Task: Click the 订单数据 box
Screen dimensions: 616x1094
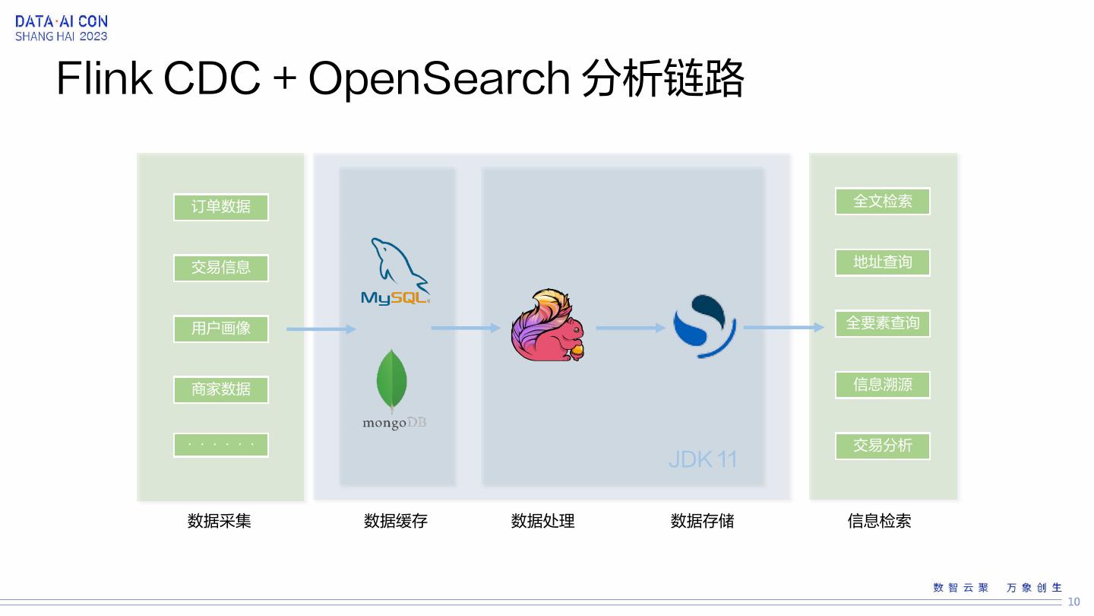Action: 220,207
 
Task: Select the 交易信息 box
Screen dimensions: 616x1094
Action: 220,268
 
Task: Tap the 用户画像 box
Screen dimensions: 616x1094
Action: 220,329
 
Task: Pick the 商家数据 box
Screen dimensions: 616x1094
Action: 220,389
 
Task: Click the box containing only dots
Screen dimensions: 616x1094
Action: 220,445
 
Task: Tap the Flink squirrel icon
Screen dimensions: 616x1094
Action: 547,325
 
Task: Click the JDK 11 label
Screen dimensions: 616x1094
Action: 703,459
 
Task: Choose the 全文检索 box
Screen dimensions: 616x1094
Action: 882,202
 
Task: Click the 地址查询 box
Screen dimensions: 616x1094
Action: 882,262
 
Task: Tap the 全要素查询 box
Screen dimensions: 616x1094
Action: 882,323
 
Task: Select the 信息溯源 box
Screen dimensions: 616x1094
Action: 882,385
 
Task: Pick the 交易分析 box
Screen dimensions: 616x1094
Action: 882,446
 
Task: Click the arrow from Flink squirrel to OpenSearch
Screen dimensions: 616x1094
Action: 631,328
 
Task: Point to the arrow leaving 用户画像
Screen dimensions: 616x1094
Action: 321,329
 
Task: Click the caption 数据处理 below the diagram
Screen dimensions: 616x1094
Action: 542,521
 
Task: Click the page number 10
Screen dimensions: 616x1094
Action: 1073,602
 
